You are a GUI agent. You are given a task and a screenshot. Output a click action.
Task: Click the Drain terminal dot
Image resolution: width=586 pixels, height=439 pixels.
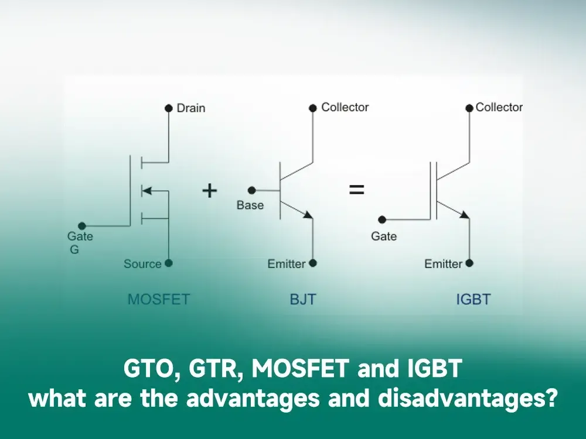point(169,108)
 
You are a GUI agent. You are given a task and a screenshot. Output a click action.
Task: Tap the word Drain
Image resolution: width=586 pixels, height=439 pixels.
point(191,108)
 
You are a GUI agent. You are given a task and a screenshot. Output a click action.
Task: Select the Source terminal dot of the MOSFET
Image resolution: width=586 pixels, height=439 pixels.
point(169,263)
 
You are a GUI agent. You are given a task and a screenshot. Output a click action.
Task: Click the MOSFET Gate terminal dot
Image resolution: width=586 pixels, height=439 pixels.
point(82,226)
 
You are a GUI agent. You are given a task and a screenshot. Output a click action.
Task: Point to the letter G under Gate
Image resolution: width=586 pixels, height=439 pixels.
point(74,249)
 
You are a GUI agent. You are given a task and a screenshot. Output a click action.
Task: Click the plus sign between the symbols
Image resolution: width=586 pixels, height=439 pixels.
point(210,190)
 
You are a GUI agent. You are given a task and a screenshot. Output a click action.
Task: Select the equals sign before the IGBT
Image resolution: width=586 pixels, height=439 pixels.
point(356,190)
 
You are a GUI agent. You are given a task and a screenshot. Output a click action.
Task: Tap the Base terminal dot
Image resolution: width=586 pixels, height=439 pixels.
point(252,190)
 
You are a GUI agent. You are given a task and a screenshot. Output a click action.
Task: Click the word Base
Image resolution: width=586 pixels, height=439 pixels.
point(250,205)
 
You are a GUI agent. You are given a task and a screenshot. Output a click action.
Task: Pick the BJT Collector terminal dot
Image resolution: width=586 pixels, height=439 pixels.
point(313,108)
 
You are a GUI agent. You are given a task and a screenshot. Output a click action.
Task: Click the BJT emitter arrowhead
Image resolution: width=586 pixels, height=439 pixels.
point(308,215)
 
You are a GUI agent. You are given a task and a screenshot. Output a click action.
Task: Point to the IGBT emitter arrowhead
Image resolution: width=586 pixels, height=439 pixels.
point(465,215)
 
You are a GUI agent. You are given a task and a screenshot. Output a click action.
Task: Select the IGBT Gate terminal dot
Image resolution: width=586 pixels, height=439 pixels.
point(382,220)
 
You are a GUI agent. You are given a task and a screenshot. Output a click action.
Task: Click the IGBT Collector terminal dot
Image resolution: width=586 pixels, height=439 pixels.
point(469,108)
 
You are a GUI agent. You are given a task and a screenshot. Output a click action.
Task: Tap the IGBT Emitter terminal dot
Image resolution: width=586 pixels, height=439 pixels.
point(469,263)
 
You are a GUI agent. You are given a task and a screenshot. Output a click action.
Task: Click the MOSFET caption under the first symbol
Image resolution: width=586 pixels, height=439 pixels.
point(159,299)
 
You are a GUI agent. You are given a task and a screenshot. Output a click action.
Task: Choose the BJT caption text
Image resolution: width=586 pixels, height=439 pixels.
point(303,299)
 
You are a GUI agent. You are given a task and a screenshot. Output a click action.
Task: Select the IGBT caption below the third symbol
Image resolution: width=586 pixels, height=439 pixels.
point(473,299)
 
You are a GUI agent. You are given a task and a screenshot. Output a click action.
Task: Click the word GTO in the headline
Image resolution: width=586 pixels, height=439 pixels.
point(148,368)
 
